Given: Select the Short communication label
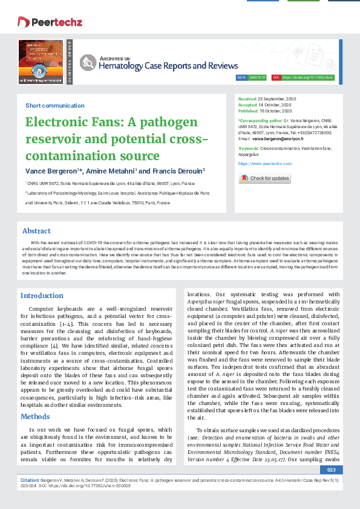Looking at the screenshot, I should click(x=46, y=105).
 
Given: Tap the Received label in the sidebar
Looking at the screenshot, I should click(x=247, y=98).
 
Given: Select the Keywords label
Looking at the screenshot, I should click(x=249, y=148).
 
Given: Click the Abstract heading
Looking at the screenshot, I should click(x=36, y=231).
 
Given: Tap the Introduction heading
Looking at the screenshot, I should click(x=42, y=296).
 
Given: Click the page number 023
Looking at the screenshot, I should click(x=330, y=469).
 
